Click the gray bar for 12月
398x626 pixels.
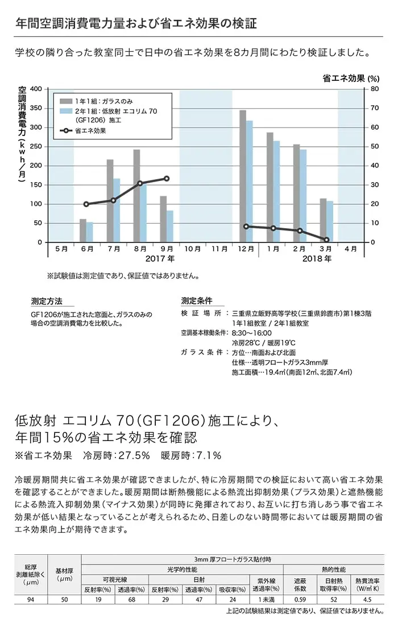click(x=242, y=176)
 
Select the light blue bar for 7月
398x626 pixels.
click(x=117, y=211)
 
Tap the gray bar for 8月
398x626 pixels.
click(x=136, y=196)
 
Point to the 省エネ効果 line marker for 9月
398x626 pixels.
click(x=167, y=179)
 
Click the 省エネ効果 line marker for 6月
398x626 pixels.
click(x=86, y=204)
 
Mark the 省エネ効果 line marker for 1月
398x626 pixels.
click(x=273, y=228)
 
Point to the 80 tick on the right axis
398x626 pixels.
click(x=375, y=89)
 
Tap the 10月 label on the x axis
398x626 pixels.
click(x=193, y=249)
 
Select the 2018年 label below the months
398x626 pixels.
click(x=317, y=259)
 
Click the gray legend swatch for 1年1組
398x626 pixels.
click(x=66, y=101)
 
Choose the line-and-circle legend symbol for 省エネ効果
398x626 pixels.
click(x=66, y=130)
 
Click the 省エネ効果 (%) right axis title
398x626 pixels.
click(x=351, y=79)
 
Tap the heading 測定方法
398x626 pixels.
click(x=47, y=301)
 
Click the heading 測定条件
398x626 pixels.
click(x=197, y=301)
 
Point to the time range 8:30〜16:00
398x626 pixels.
click(x=252, y=333)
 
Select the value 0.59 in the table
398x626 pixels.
click(x=300, y=599)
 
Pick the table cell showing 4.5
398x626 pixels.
click(x=367, y=599)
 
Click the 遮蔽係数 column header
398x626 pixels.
click(x=300, y=585)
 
